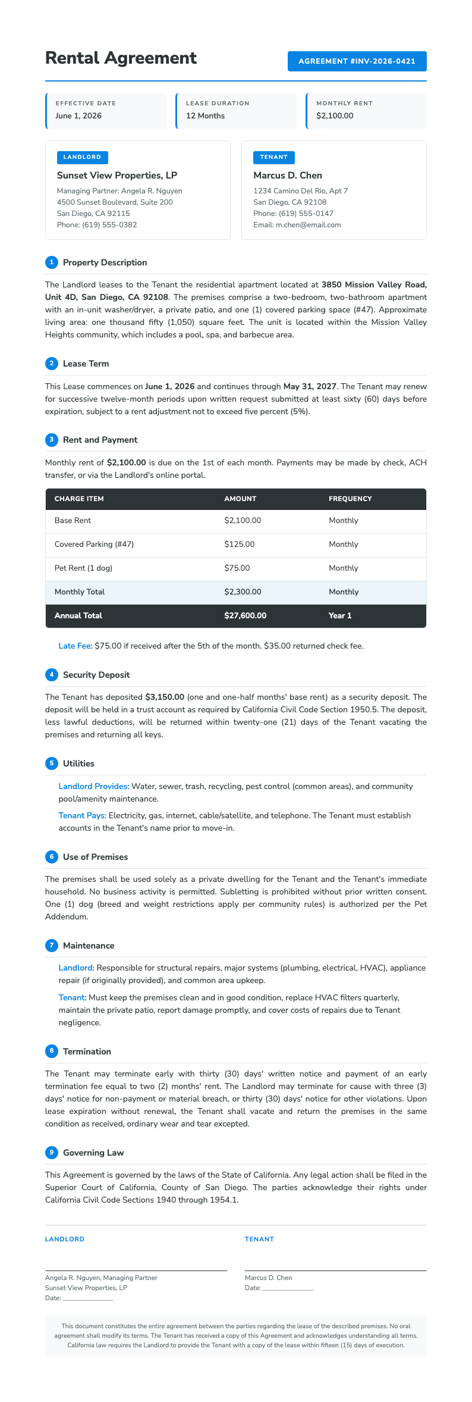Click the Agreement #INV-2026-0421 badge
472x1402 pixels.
pyautogui.click(x=357, y=61)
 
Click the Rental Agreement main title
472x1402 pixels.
pyautogui.click(x=121, y=58)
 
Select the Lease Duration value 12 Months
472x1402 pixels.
pyautogui.click(x=205, y=116)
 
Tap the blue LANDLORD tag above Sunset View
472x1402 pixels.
pyautogui.click(x=82, y=157)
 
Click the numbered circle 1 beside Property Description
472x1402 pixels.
pyautogui.click(x=52, y=262)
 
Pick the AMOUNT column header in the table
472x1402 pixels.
pyautogui.click(x=240, y=499)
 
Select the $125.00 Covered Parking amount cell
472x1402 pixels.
pyautogui.click(x=239, y=544)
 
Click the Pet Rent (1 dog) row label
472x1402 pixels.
pyautogui.click(x=83, y=568)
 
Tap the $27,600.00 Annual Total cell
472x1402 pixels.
pyautogui.click(x=245, y=616)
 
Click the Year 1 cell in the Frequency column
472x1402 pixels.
pyautogui.click(x=340, y=616)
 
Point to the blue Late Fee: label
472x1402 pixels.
pyautogui.click(x=75, y=646)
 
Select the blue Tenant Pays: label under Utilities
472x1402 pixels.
pyautogui.click(x=82, y=815)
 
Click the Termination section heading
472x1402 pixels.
pyautogui.click(x=87, y=1051)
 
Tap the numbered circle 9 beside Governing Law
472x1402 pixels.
pyautogui.click(x=52, y=1153)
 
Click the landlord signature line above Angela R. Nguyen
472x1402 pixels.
pyautogui.click(x=136, y=1270)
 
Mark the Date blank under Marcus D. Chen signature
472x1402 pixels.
pyautogui.click(x=288, y=1288)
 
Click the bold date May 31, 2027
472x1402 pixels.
pyautogui.click(x=310, y=386)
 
